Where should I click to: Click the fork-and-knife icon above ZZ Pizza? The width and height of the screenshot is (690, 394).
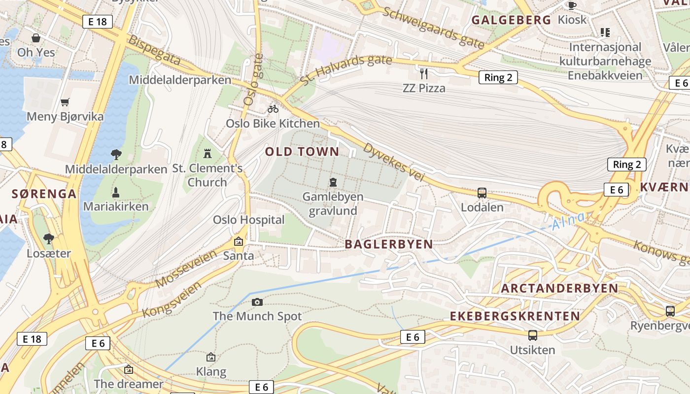(423, 74)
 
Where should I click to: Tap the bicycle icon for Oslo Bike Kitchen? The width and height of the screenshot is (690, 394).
(273, 109)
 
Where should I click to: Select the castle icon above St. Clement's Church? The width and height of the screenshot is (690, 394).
(207, 154)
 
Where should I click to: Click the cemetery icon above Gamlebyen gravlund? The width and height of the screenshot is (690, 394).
(333, 182)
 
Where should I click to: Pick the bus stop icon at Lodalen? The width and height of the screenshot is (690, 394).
(482, 193)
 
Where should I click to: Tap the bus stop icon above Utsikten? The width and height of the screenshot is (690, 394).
(533, 335)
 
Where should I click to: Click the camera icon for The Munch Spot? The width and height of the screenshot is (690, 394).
(257, 302)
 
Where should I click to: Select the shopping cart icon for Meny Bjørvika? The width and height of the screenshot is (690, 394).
(65, 102)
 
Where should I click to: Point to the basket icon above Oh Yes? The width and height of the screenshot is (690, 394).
(36, 38)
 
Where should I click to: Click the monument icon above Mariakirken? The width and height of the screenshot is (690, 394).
(116, 192)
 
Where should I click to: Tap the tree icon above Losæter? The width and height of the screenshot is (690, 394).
(48, 239)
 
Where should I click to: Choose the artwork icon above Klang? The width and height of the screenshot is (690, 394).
(211, 357)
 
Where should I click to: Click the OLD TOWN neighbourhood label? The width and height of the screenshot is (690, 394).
(302, 152)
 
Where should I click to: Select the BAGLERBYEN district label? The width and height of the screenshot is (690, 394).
(388, 244)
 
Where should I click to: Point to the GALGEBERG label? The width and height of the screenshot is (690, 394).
(511, 20)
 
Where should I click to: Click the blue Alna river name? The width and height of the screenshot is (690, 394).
(569, 221)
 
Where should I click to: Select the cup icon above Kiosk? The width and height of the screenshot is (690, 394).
(572, 5)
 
